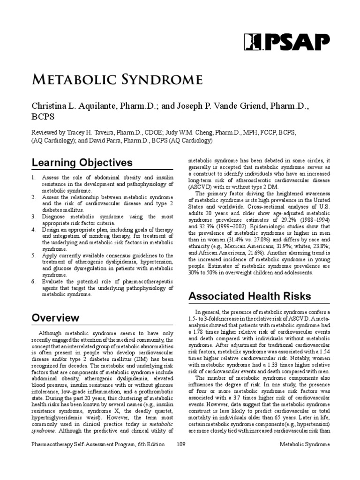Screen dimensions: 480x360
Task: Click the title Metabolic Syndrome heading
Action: [x=117, y=79]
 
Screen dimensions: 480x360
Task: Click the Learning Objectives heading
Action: [x=82, y=163]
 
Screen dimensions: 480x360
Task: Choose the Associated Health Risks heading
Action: [x=249, y=296]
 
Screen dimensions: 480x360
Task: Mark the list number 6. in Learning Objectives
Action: [x=34, y=281]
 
